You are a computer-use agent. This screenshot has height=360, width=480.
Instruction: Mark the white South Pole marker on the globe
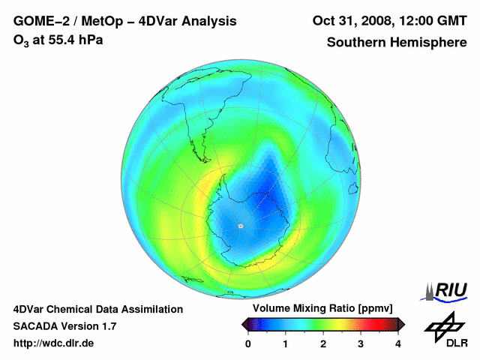[x=241, y=226]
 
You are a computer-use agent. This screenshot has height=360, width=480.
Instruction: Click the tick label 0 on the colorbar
[x=248, y=343]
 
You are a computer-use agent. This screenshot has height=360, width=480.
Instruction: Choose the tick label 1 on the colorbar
[x=286, y=343]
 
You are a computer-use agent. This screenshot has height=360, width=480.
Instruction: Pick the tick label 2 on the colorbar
[x=323, y=343]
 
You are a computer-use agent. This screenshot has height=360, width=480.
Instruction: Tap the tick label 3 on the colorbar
[x=361, y=343]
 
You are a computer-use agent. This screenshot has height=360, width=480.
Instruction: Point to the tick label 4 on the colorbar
[x=398, y=343]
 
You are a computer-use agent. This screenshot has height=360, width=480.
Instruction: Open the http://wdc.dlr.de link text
[x=54, y=343]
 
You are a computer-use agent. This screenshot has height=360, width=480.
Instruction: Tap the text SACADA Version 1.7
[x=64, y=326]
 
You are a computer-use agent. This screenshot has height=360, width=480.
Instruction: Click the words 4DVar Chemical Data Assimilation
[x=98, y=309]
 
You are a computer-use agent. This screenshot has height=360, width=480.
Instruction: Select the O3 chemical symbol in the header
[x=20, y=40]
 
